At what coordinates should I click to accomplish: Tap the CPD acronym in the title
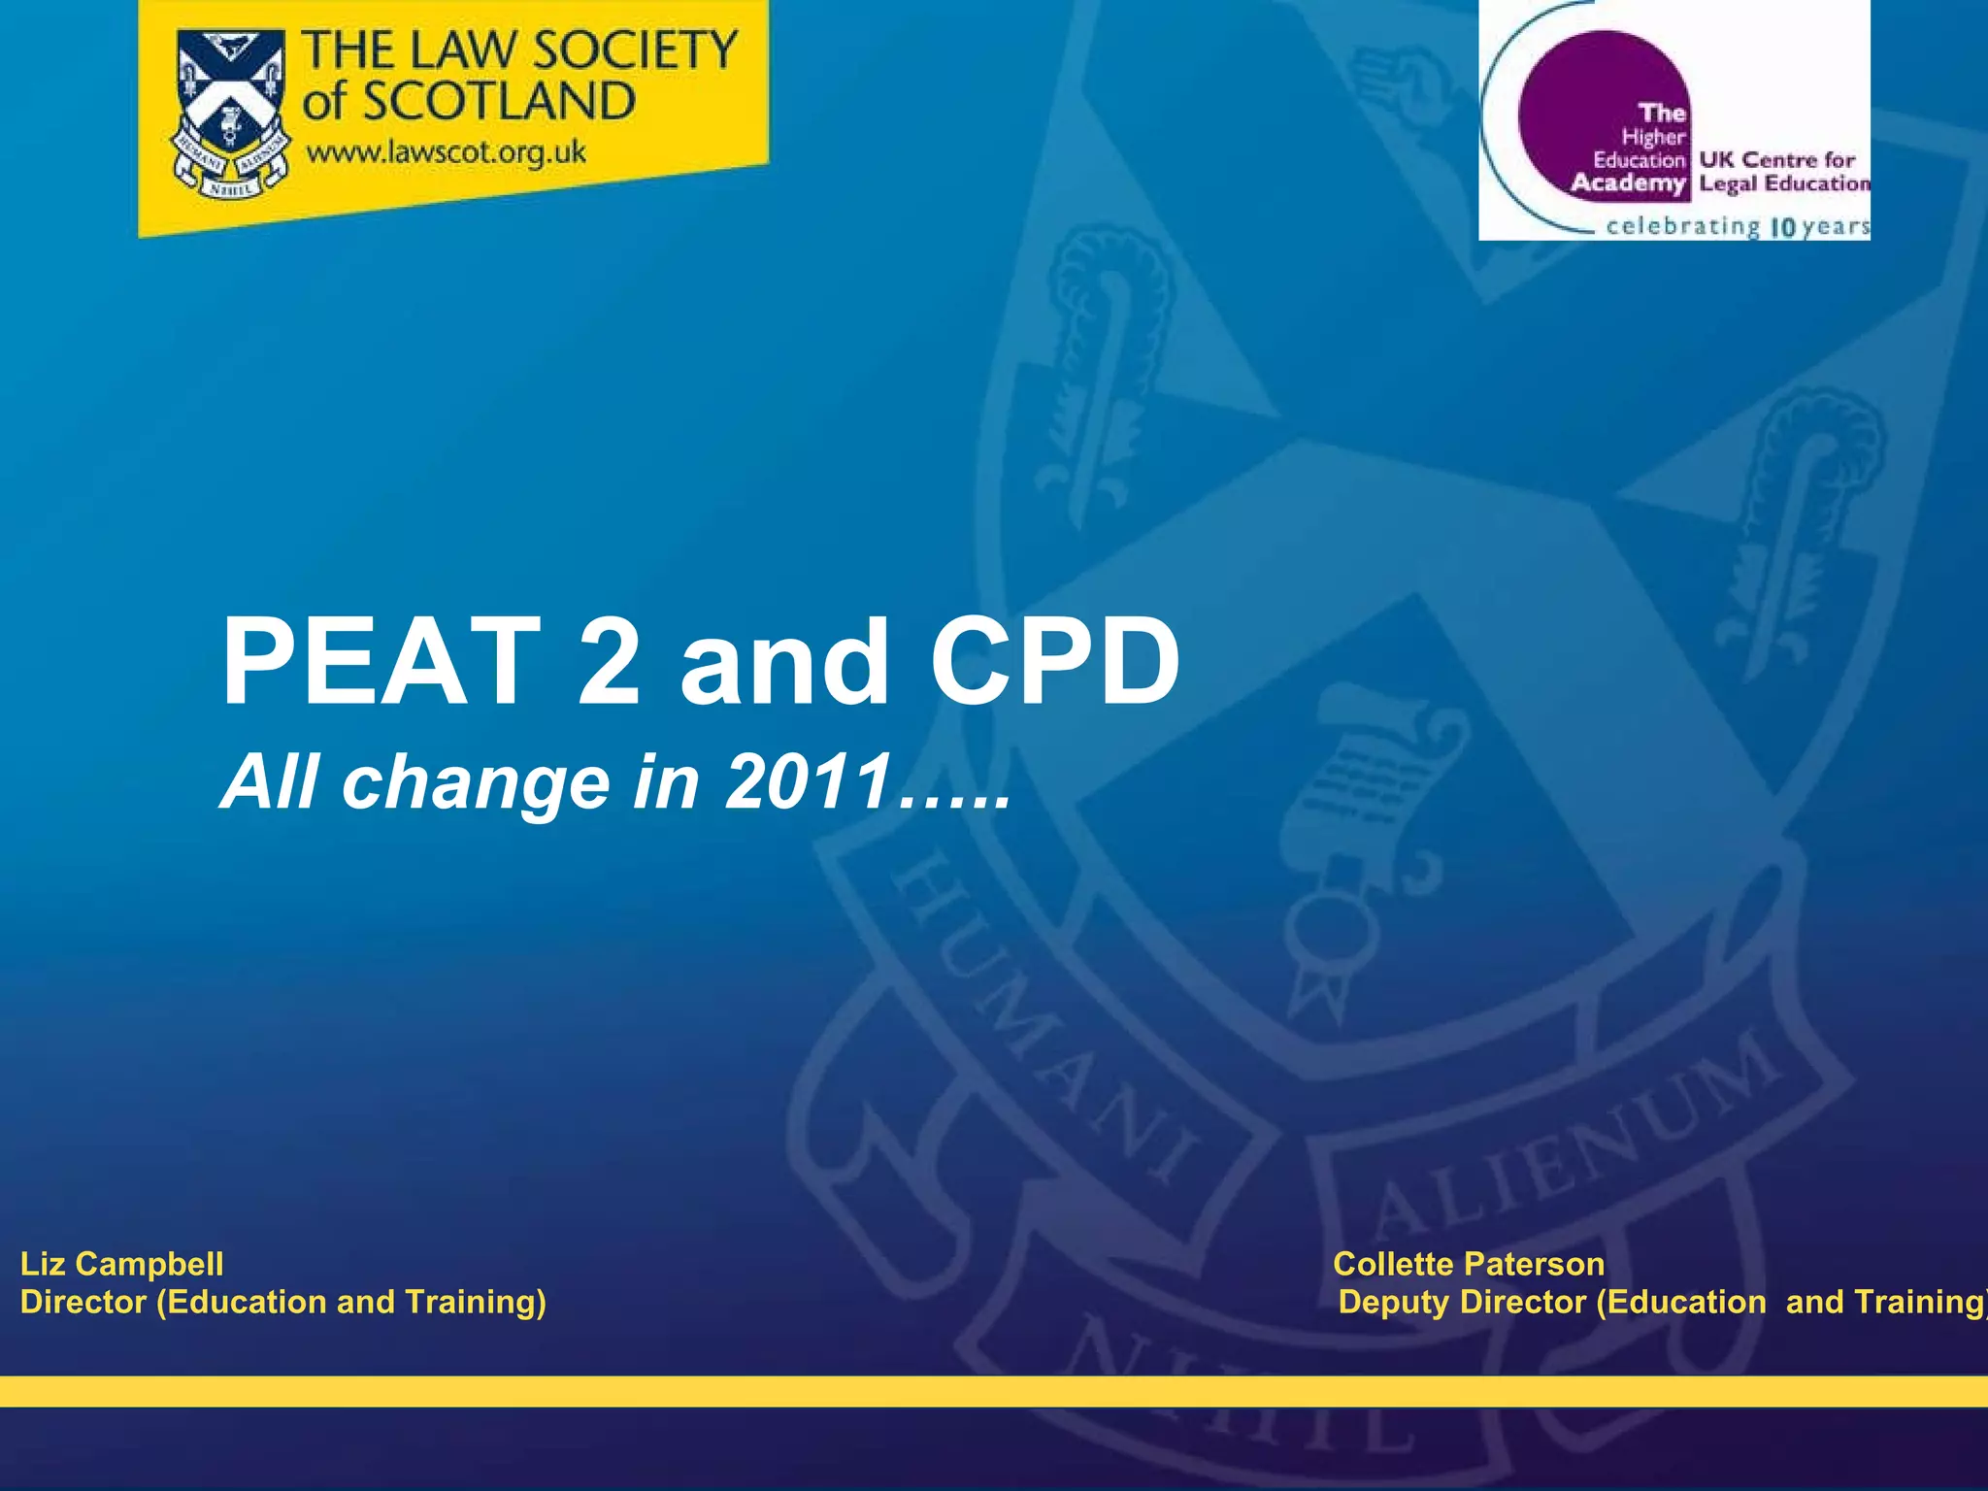coord(1054,663)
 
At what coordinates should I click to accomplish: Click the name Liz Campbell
coord(122,1264)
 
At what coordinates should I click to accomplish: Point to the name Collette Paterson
coord(1469,1264)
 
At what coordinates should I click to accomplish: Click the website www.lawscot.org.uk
coord(447,152)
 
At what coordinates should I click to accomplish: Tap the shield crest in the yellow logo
coord(231,112)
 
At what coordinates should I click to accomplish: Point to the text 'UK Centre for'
coord(1776,159)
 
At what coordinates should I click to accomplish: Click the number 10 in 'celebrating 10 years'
coord(1783,228)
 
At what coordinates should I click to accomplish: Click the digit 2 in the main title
coord(609,663)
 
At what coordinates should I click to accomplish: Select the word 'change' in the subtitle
coord(474,782)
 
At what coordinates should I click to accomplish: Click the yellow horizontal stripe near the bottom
coord(994,1390)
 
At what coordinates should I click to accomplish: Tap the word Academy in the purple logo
coord(1628,182)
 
